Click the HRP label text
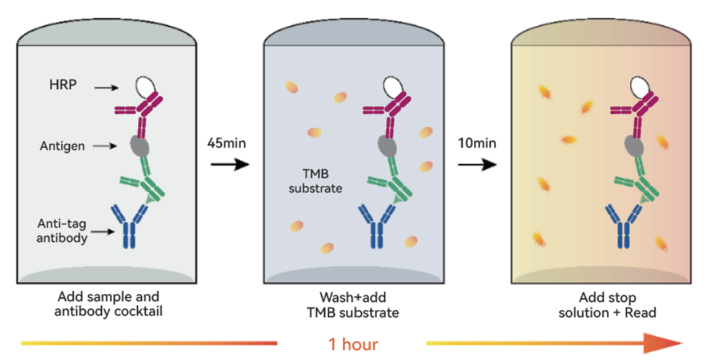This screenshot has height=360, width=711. pos(63,85)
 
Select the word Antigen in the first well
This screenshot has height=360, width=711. pos(62,147)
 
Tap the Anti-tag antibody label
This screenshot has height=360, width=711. pos(61,231)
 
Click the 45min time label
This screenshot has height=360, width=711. pos(227,143)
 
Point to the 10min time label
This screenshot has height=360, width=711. pos(477,143)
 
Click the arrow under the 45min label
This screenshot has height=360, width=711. pos(230,164)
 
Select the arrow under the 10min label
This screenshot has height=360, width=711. pos(478,164)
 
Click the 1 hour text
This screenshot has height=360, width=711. pos(353,344)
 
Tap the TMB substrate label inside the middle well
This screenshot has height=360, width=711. pos(315,181)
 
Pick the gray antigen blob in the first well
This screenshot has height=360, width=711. pos(139,146)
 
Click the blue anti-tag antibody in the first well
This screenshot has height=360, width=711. pos(129,226)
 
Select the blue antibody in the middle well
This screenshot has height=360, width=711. pos(377,226)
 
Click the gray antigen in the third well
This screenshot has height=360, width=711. pos(634,146)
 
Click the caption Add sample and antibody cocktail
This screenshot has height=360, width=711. pos(108,304)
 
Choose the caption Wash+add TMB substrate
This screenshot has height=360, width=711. pos(353,305)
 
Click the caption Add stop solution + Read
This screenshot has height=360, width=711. pos(607,305)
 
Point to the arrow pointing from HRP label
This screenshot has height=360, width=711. pos(106,87)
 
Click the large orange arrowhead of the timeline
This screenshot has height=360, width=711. pos(664,343)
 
